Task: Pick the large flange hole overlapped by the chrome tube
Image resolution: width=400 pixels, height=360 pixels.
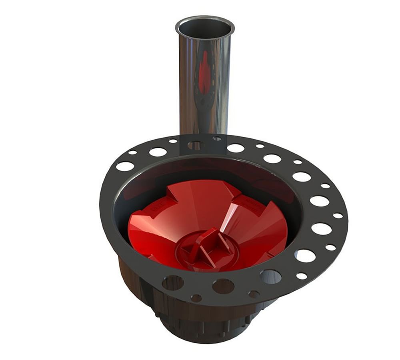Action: click(195, 145)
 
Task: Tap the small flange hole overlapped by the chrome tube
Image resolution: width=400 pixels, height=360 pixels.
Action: click(217, 139)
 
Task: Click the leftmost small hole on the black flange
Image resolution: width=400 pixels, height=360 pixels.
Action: click(132, 152)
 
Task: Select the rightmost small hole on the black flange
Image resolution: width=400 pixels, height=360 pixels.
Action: click(338, 216)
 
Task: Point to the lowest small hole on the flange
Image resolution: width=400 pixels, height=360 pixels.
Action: click(196, 298)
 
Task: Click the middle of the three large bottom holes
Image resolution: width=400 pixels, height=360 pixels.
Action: click(223, 286)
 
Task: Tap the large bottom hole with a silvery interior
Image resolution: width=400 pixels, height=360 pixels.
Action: click(270, 276)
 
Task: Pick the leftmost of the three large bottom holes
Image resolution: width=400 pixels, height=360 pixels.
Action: click(173, 282)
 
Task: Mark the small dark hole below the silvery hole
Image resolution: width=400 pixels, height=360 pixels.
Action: click(254, 294)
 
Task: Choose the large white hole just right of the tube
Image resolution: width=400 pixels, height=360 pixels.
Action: click(236, 148)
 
